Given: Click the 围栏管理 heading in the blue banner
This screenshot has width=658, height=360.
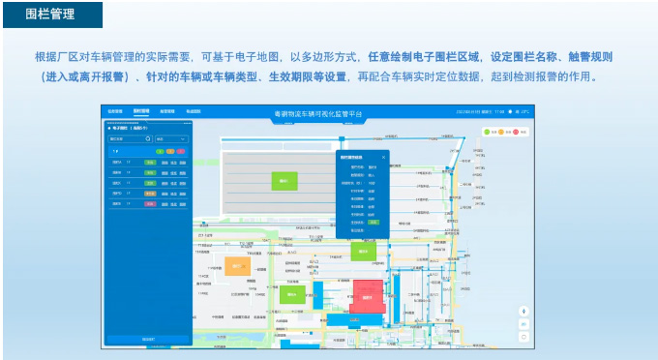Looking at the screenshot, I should (49, 15).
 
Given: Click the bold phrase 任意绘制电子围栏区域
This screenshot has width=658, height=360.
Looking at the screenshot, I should (425, 56).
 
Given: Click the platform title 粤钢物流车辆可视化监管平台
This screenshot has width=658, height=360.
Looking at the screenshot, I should (318, 114).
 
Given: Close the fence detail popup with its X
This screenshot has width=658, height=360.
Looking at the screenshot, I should (383, 157).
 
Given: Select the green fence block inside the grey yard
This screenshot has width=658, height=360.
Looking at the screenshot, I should (284, 179).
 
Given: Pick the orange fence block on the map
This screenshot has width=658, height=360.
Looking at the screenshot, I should (238, 265).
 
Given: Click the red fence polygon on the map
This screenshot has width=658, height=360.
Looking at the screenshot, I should (367, 296).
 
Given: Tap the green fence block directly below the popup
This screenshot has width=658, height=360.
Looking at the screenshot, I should (364, 251).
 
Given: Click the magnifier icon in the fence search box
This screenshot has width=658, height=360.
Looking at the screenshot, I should (147, 139).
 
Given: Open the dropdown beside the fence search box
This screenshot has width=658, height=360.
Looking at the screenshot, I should (170, 139).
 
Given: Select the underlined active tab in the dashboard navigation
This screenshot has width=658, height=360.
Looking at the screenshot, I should (141, 111).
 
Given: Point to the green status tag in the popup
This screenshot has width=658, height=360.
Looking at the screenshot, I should (374, 222).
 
